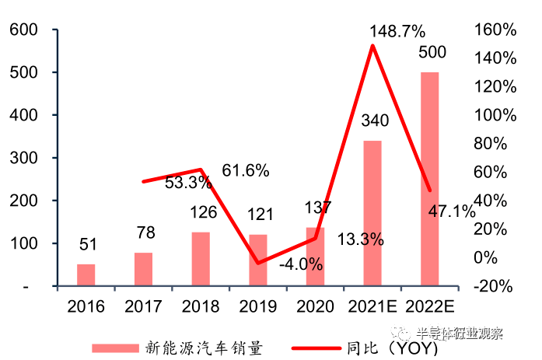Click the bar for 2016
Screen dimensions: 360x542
[x=86, y=275]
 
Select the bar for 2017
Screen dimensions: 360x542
[x=143, y=269]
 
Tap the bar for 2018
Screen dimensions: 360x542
[x=201, y=259]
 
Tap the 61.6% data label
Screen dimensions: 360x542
[x=245, y=170]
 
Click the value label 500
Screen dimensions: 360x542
[x=432, y=53]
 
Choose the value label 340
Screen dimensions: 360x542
[x=373, y=121]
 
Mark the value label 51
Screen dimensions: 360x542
[x=86, y=245]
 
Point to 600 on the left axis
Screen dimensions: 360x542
[x=23, y=30]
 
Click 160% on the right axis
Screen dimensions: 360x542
[x=494, y=30]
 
